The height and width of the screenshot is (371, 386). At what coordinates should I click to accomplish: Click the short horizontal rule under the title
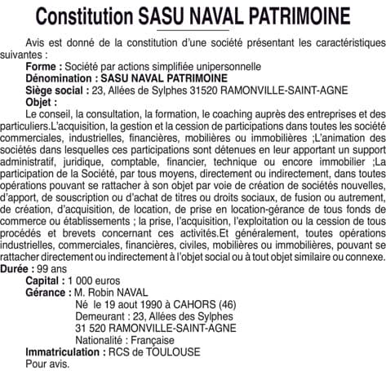(193, 30)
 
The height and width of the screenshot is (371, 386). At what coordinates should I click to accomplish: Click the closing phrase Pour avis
(47, 367)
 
